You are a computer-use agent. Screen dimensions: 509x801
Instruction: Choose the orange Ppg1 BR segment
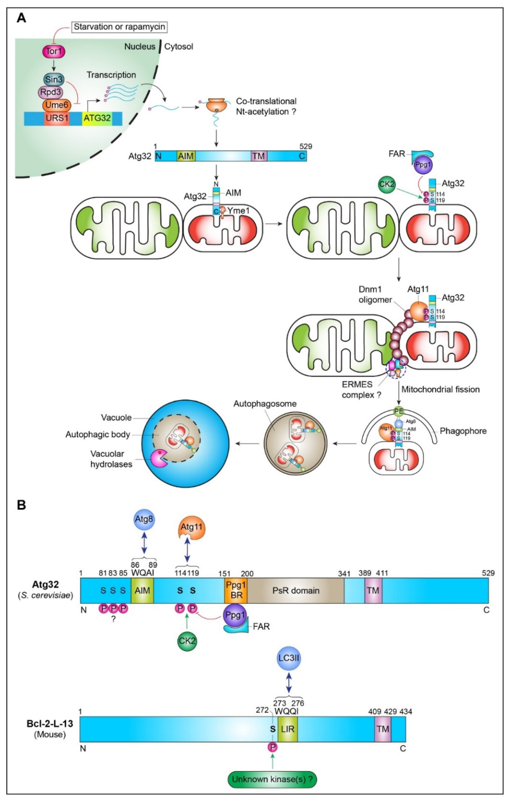(x=236, y=590)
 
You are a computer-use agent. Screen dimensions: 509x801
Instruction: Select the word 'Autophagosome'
(x=265, y=404)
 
